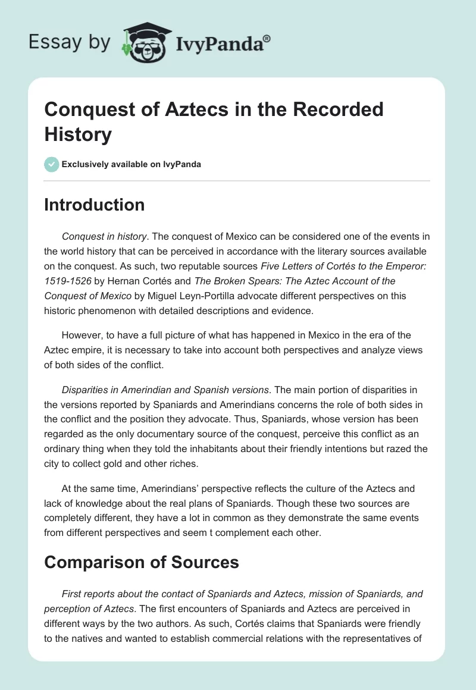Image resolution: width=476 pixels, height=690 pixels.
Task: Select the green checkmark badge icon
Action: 51,164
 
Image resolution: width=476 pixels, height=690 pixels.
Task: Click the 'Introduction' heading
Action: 94,205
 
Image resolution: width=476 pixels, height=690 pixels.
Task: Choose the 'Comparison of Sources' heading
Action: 142,561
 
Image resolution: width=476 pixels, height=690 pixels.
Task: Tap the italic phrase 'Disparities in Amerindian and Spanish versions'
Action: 165,390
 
